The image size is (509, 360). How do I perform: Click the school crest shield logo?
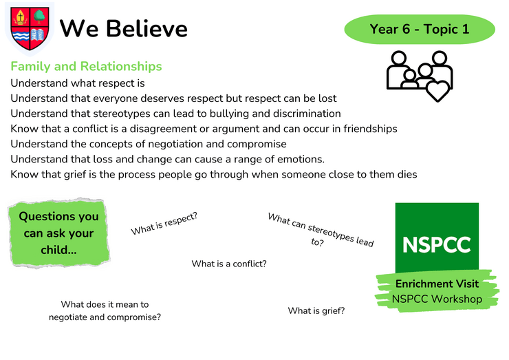click(30, 29)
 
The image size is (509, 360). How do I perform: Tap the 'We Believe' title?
click(124, 29)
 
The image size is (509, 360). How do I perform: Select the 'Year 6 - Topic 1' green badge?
click(420, 29)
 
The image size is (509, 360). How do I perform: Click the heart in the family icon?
click(437, 91)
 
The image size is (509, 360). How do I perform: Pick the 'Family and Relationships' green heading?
click(86, 66)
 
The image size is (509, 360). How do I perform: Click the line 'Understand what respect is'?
click(78, 83)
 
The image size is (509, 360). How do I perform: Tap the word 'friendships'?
click(370, 129)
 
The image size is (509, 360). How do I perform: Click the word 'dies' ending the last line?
click(407, 174)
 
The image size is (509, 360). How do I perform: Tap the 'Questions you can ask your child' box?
click(58, 233)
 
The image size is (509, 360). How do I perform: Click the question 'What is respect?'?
click(164, 224)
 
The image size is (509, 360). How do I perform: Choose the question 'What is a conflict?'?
click(229, 264)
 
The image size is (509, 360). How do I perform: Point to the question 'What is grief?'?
click(316, 311)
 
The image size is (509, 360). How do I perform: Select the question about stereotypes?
click(320, 230)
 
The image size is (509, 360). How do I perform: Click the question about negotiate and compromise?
click(105, 310)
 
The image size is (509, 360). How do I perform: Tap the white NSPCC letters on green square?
click(437, 244)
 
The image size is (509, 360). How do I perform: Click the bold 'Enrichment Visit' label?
click(437, 284)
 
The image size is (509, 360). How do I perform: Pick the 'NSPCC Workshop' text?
click(437, 299)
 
